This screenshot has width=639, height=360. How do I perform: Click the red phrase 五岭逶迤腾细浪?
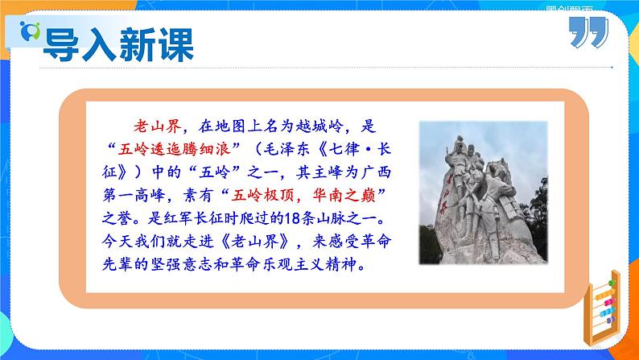click(171, 150)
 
